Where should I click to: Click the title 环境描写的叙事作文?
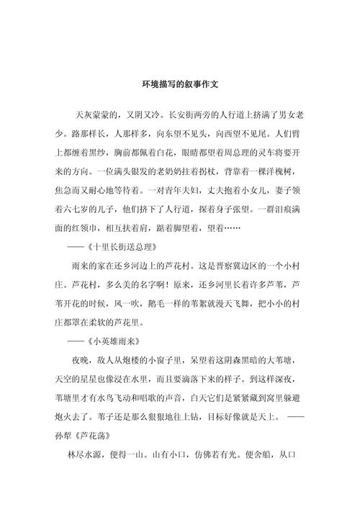point(180,84)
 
